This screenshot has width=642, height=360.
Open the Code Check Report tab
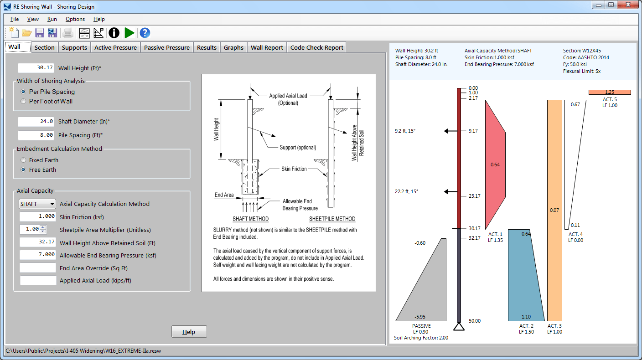pyautogui.click(x=316, y=47)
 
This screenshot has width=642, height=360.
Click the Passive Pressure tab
pyautogui.click(x=167, y=47)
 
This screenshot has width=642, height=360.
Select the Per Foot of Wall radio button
pyautogui.click(x=24, y=101)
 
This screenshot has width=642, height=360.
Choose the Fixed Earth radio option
pyautogui.click(x=24, y=160)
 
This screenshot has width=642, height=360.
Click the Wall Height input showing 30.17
pyautogui.click(x=36, y=68)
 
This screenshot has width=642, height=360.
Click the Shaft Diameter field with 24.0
pyautogui.click(x=36, y=122)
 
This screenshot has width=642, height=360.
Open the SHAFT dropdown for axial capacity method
pyautogui.click(x=37, y=204)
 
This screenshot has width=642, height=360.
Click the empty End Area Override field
pyautogui.click(x=38, y=268)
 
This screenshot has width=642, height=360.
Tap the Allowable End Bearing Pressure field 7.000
pyautogui.click(x=38, y=255)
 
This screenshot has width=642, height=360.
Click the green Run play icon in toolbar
pyautogui.click(x=129, y=33)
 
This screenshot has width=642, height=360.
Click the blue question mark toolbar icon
pyautogui.click(x=145, y=33)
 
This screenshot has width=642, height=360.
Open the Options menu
pyautogui.click(x=75, y=19)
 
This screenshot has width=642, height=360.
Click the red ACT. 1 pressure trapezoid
pyautogui.click(x=495, y=165)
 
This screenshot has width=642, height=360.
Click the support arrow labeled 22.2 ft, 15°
pyautogui.click(x=450, y=191)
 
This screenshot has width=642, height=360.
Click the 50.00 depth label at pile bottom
pyautogui.click(x=474, y=321)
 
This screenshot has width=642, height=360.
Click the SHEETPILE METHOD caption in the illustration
pyautogui.click(x=332, y=219)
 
